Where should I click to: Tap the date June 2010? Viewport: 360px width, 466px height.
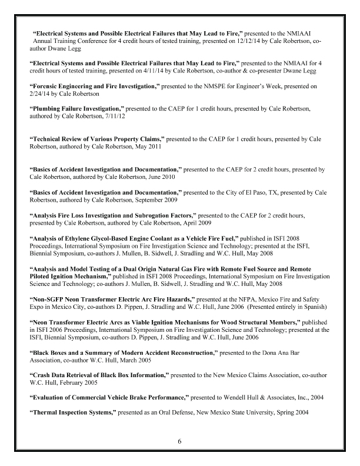click(159, 177)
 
